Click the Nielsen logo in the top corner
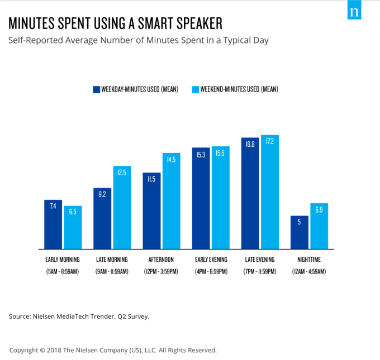(x=354, y=12)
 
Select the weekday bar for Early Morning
(x=53, y=224)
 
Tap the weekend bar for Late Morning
(x=122, y=208)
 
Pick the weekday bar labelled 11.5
(x=151, y=211)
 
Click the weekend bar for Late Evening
(x=269, y=192)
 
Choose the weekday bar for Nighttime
(x=299, y=232)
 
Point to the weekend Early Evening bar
(x=220, y=198)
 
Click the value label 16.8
(x=250, y=145)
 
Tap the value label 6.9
(x=319, y=210)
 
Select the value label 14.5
(x=171, y=160)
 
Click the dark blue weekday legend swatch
(x=96, y=89)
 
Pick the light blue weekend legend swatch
(x=195, y=89)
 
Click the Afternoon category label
(x=161, y=260)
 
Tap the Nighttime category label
(x=308, y=260)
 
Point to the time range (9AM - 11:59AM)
(x=112, y=272)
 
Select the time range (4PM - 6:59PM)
(x=210, y=272)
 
